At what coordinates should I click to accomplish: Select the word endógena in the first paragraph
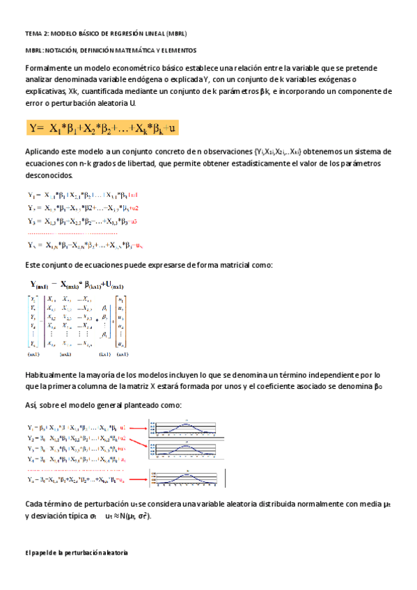click(x=145, y=79)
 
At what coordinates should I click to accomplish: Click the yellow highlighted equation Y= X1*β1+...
click(x=103, y=127)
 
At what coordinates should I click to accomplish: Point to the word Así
click(x=31, y=405)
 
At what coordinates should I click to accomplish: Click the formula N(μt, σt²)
click(x=132, y=517)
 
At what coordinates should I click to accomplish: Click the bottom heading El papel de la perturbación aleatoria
click(x=76, y=552)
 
